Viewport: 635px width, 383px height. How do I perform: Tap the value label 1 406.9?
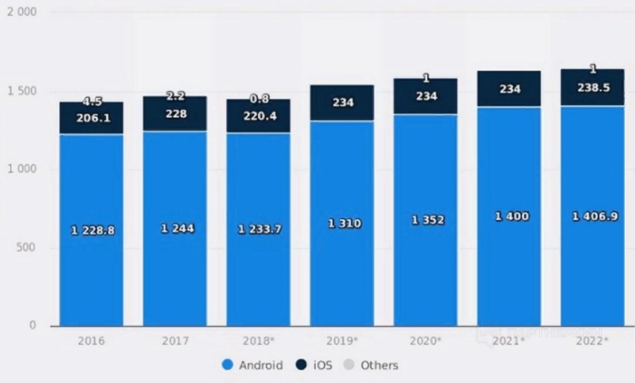[x=595, y=217]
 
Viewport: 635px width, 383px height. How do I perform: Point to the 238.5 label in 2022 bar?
[x=594, y=87]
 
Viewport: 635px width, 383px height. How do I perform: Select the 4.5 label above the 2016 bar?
[x=92, y=101]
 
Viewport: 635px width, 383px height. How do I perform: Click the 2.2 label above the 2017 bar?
[x=175, y=96]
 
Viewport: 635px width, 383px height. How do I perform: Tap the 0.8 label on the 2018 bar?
[x=258, y=99]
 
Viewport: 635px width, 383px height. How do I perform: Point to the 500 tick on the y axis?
[x=27, y=248]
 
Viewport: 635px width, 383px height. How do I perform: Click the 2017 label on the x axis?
[x=174, y=341]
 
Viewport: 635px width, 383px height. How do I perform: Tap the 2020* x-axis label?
[x=425, y=341]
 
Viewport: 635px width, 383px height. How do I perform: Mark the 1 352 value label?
[x=428, y=221]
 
